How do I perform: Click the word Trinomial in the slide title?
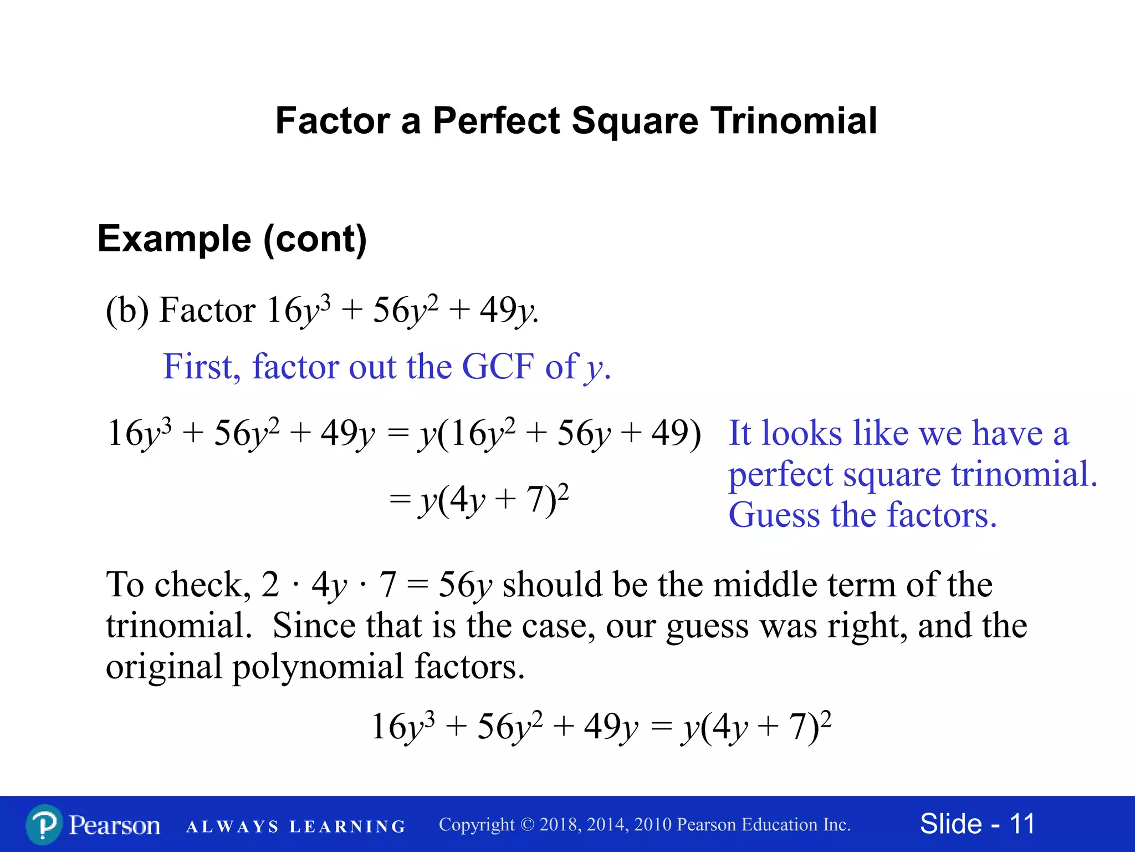point(794,121)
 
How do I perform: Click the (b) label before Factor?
point(127,310)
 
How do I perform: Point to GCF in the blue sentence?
point(497,367)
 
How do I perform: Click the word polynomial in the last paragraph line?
point(317,666)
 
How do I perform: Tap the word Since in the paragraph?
point(314,626)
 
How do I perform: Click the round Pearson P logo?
point(44,825)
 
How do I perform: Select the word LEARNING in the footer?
point(347,827)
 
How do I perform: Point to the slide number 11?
point(1021,824)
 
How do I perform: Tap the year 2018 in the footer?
point(560,825)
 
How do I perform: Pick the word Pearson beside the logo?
point(115,825)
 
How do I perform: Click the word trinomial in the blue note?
point(1024,474)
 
